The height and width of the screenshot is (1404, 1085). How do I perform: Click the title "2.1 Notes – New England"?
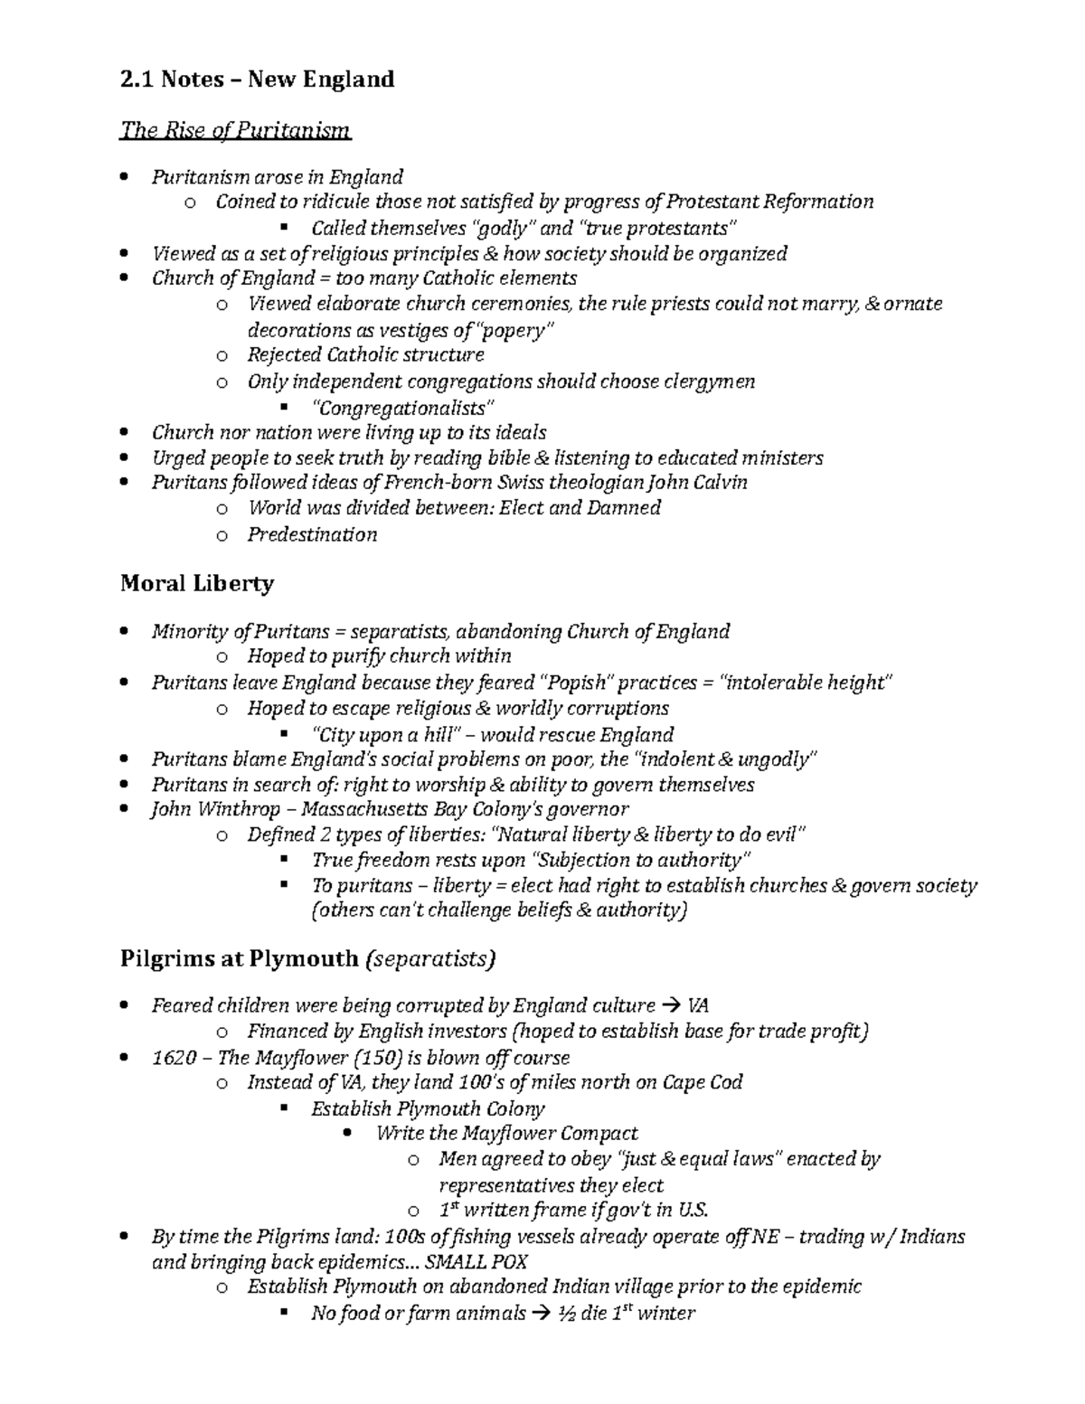pyautogui.click(x=257, y=80)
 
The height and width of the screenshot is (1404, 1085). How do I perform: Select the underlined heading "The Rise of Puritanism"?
pyautogui.click(x=235, y=131)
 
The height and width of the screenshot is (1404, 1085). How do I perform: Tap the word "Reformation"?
pyautogui.click(x=819, y=202)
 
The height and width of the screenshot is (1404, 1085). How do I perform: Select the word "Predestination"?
pyautogui.click(x=312, y=535)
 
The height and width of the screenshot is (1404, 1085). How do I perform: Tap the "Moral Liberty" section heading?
pyautogui.click(x=196, y=584)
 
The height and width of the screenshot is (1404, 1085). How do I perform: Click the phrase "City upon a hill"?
pyautogui.click(x=386, y=735)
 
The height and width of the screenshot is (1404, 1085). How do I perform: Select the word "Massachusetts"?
pyautogui.click(x=364, y=809)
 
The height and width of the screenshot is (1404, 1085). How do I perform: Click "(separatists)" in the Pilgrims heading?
pyautogui.click(x=429, y=958)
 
